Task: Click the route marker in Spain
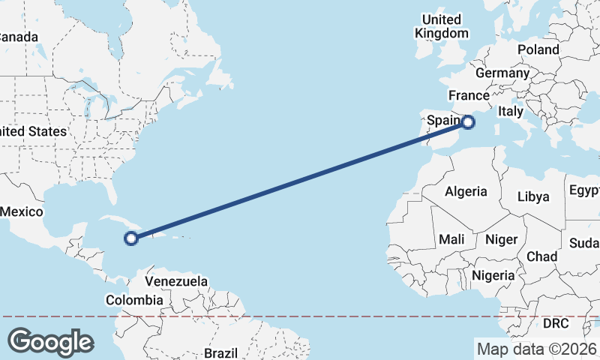(468, 121)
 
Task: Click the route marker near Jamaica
(131, 238)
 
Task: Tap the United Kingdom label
(442, 26)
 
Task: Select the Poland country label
(538, 49)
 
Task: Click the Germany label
(502, 73)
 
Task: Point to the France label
(469, 95)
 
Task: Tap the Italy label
(511, 111)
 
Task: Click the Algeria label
(466, 192)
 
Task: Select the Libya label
(533, 196)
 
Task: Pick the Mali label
(452, 239)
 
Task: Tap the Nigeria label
(493, 275)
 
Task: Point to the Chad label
(541, 256)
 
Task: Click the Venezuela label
(176, 281)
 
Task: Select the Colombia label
(134, 300)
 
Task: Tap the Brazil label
(220, 352)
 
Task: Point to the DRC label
(556, 323)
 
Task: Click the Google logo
(50, 342)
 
